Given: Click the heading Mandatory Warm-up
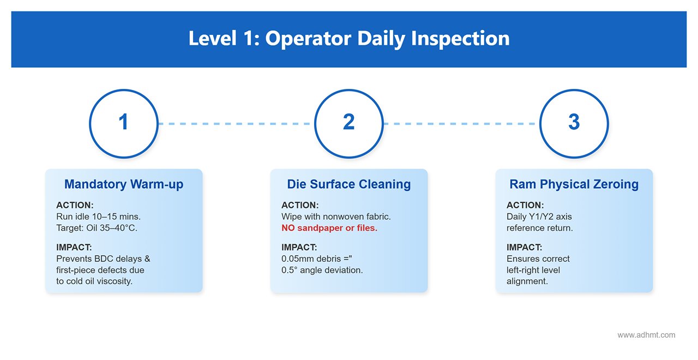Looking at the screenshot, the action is pyautogui.click(x=124, y=184).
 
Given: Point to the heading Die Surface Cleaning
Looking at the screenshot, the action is pyautogui.click(x=349, y=184).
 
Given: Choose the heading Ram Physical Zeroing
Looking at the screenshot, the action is pyautogui.click(x=574, y=184).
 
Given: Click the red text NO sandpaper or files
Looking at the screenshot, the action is pyautogui.click(x=329, y=228).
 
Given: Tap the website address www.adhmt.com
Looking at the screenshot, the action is pyautogui.click(x=646, y=335).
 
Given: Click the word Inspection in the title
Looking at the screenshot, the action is pyautogui.click(x=460, y=38).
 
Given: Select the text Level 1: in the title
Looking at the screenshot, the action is pyautogui.click(x=224, y=38).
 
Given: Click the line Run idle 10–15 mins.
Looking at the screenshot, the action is pyautogui.click(x=99, y=217).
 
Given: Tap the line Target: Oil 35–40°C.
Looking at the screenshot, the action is pyautogui.click(x=97, y=228).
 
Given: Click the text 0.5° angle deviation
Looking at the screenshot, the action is pyautogui.click(x=322, y=270).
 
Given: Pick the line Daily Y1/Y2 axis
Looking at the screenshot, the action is pyautogui.click(x=539, y=217).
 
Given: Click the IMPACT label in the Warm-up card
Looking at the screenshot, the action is pyautogui.click(x=74, y=247).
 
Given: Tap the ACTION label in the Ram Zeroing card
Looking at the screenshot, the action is pyautogui.click(x=525, y=205).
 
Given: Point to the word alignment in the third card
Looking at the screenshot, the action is pyautogui.click(x=527, y=281).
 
